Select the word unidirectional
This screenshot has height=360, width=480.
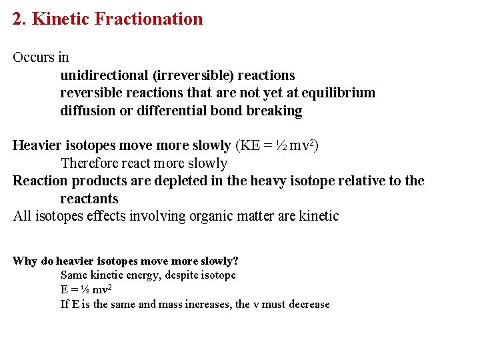(x=104, y=75)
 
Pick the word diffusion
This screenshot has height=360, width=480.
(x=87, y=111)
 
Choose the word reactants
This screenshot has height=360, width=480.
(x=89, y=199)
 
